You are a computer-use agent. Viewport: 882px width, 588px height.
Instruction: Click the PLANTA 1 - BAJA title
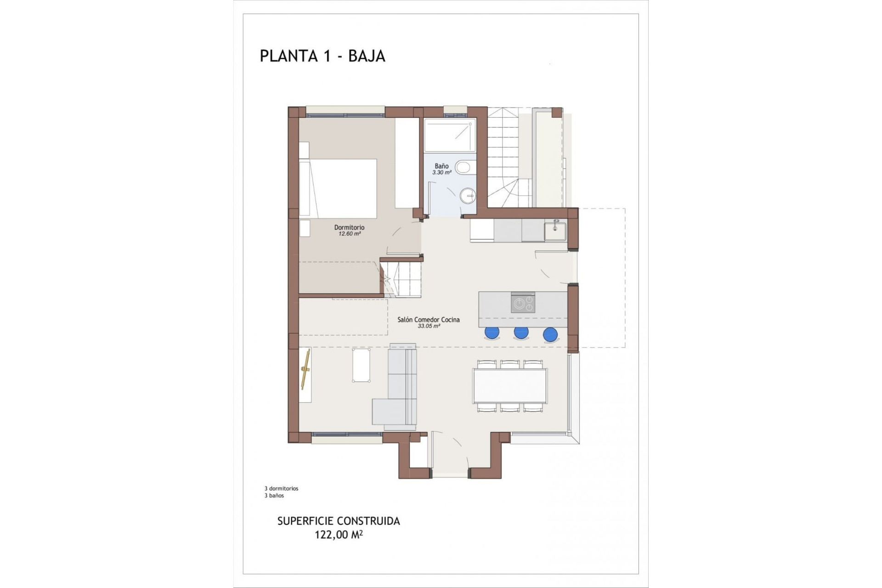322,56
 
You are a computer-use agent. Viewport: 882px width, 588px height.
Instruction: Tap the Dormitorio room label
349,227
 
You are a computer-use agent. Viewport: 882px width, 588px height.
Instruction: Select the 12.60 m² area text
349,234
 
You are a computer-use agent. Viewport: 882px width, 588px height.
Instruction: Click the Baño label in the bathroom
441,166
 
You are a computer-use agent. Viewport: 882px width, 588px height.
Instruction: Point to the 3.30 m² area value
441,173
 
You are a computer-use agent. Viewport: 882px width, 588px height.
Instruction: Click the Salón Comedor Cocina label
428,320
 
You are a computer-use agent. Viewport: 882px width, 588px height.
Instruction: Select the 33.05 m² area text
429,326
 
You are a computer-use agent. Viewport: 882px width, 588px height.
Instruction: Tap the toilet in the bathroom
463,168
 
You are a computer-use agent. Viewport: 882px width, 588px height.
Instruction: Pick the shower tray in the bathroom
450,135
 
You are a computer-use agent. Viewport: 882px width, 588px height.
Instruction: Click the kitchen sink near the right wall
555,231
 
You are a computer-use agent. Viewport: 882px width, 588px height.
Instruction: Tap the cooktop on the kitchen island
523,303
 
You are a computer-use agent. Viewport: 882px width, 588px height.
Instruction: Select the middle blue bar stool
521,332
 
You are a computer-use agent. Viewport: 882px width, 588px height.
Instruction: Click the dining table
510,385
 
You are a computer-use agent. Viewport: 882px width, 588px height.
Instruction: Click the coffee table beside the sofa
362,365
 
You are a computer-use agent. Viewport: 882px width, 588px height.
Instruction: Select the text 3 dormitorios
281,489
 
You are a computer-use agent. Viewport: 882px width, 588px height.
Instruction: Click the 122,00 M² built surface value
339,535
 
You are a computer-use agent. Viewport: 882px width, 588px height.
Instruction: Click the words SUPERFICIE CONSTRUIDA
339,521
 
